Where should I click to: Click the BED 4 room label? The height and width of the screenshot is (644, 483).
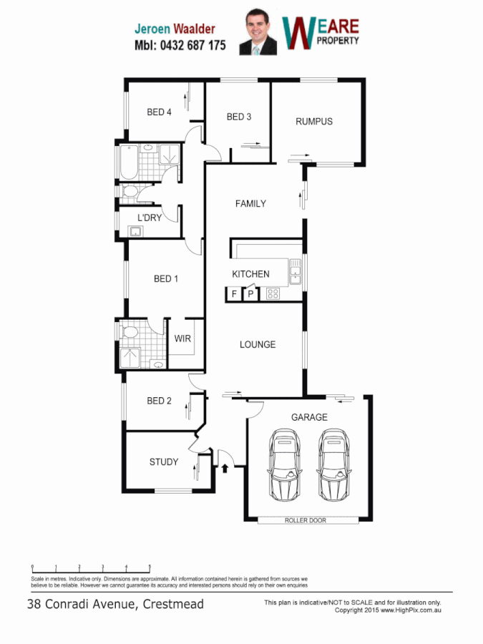coord(159,112)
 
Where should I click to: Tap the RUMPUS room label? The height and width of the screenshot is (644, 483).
coord(314,122)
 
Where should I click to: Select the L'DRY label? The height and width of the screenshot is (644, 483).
coord(150,218)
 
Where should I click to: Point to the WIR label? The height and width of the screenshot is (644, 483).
coord(182,338)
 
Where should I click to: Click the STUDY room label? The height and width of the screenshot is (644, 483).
coord(164,462)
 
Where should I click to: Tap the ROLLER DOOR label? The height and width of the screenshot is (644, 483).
coord(306,520)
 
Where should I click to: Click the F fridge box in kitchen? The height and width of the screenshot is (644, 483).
coord(234,293)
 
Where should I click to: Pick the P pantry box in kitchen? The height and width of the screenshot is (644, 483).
coord(250,293)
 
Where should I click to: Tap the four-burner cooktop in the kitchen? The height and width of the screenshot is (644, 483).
coord(273,293)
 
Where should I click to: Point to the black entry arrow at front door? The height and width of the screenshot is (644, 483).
coord(225,469)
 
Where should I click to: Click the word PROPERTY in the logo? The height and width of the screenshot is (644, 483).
coord(338,40)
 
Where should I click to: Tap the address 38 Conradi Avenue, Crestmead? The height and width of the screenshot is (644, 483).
coord(115,604)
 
